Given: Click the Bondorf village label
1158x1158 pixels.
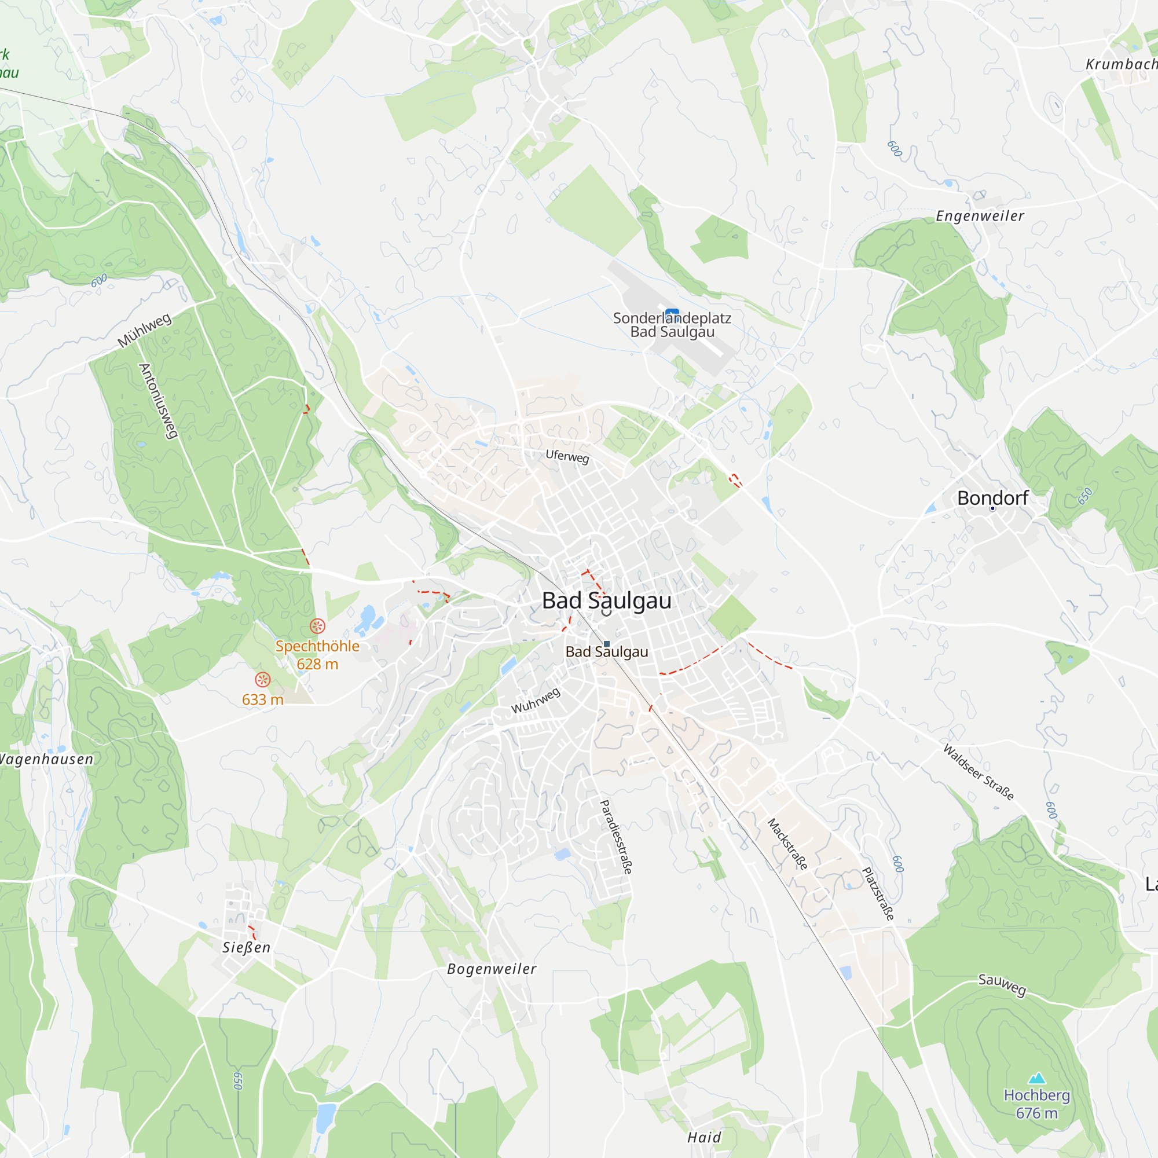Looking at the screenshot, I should (x=992, y=497).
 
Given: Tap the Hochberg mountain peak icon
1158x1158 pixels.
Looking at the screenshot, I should (x=1036, y=1079).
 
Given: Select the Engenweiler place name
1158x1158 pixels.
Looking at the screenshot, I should (x=980, y=216).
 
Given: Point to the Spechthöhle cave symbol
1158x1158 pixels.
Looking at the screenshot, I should (x=317, y=626).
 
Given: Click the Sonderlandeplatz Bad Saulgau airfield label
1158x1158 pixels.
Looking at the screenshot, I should (x=672, y=325).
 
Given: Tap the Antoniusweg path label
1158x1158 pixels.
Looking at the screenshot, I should (x=158, y=401).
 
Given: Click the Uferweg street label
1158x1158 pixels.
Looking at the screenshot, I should (x=567, y=456).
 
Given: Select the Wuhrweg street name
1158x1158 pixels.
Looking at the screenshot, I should (x=535, y=701).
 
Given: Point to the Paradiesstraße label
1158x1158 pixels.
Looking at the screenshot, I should (x=616, y=837).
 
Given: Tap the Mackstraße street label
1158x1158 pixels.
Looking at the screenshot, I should (x=787, y=844).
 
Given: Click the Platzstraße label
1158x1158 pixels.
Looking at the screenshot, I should (x=878, y=893).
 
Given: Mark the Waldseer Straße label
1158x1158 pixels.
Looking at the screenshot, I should (x=978, y=772).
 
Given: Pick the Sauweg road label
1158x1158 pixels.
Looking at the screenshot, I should (x=1002, y=984).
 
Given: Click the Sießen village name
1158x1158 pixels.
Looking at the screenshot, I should (x=246, y=948).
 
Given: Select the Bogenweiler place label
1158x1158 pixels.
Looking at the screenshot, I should (x=492, y=969).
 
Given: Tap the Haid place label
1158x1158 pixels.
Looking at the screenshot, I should (x=704, y=1138).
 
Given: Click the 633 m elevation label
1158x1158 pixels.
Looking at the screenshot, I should (x=262, y=699).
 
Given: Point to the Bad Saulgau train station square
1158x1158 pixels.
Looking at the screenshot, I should (x=607, y=644).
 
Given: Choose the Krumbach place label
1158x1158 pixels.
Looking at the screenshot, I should (x=1121, y=64).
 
